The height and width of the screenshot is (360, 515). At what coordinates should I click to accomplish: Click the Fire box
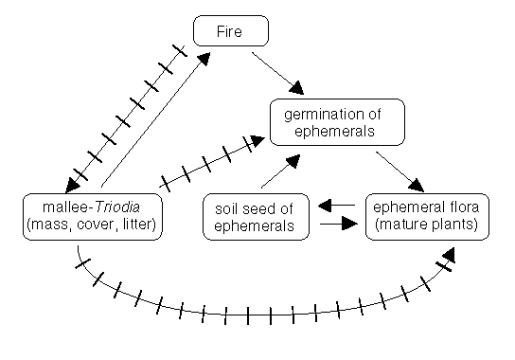231,31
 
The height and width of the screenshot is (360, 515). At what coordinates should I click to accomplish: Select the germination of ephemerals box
338,122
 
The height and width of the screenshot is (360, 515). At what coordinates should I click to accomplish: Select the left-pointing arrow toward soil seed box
336,205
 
